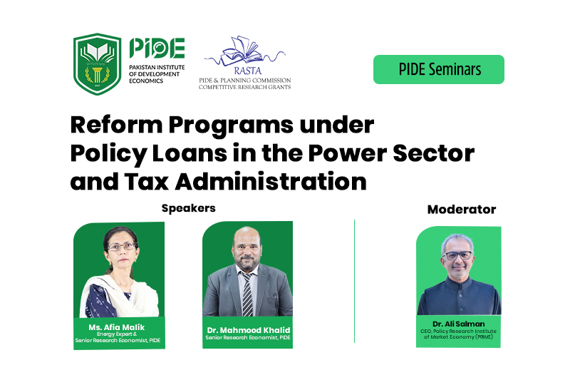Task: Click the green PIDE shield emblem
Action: point(97,64)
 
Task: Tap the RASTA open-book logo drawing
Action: point(245,51)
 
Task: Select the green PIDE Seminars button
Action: point(439,69)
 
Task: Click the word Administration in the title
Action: point(271,182)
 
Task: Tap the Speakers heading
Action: point(189,208)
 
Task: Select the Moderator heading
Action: point(462,210)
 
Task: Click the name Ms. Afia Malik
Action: point(117,327)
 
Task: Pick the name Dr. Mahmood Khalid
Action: point(249,330)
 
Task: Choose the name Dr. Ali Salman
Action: point(459,324)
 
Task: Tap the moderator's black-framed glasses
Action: point(458,255)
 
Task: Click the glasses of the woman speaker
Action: point(121,247)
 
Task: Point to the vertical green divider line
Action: point(354,281)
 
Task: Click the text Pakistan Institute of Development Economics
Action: point(157,74)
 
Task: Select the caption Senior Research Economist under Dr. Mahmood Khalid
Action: point(248,338)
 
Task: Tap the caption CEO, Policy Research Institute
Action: point(458,332)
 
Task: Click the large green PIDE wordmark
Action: point(157,48)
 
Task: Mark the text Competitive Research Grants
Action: point(244,87)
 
